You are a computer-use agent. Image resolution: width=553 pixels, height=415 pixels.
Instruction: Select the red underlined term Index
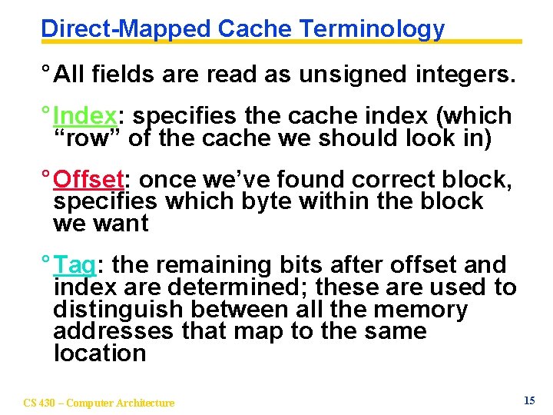click(85, 116)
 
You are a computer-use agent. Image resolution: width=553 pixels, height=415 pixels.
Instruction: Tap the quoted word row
click(86, 138)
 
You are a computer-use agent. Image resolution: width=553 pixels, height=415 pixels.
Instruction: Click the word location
click(100, 354)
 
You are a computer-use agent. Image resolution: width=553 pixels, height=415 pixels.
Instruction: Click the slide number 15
click(528, 400)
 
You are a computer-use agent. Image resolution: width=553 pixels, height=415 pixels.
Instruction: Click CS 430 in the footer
click(41, 403)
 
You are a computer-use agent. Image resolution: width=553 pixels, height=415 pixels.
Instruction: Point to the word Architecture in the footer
click(145, 403)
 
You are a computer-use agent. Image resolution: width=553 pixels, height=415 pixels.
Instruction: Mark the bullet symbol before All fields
click(46, 74)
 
